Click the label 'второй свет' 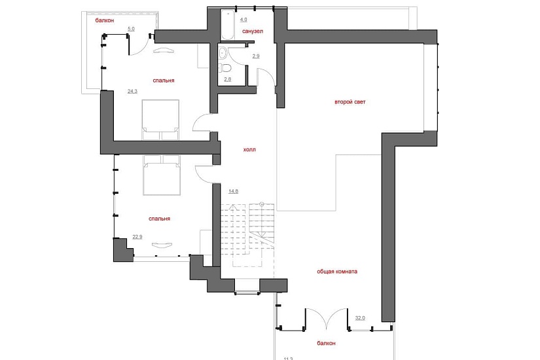[x=350, y=102]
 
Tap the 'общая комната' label [x=337, y=272]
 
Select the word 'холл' [x=249, y=149]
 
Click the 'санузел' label [x=253, y=31]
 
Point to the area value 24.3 [x=132, y=91]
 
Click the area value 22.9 [x=137, y=237]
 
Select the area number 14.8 [x=233, y=191]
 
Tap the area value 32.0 [x=360, y=318]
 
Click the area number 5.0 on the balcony [x=131, y=29]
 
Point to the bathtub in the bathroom [x=227, y=25]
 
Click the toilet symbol [x=226, y=68]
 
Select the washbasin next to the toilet [x=223, y=53]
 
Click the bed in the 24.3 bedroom [x=160, y=120]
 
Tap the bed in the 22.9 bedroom [x=162, y=175]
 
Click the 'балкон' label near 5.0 [x=105, y=20]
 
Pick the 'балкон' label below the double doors [x=326, y=343]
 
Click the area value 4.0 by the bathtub [x=243, y=20]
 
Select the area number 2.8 [x=227, y=79]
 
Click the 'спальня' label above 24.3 [x=164, y=81]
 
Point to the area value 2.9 [x=255, y=56]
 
